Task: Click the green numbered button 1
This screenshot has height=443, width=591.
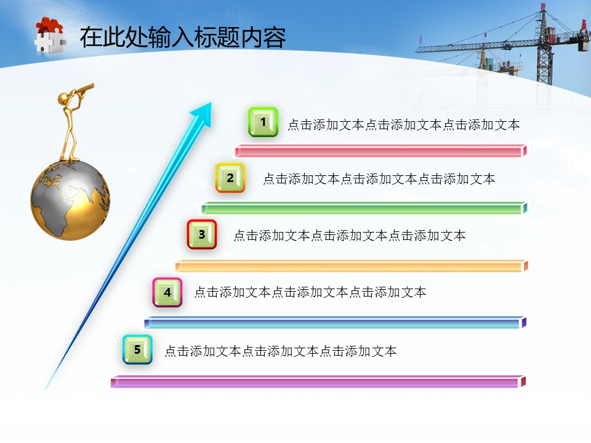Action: (x=263, y=122)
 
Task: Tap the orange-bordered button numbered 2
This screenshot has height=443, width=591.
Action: (x=230, y=178)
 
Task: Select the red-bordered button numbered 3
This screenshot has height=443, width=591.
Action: (x=202, y=234)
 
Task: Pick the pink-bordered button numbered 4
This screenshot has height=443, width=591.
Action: (x=167, y=292)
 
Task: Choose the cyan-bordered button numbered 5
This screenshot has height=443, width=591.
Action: (x=137, y=349)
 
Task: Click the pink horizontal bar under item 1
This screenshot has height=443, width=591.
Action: (x=380, y=151)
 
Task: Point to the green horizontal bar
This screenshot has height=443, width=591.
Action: (x=364, y=208)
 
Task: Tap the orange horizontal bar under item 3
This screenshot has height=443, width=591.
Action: (x=352, y=266)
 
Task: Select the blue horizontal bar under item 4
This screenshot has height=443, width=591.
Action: (x=336, y=322)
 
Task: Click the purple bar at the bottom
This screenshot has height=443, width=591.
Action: (x=318, y=381)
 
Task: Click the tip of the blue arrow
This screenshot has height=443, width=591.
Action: (x=211, y=102)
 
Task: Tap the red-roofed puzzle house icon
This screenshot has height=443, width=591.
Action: (x=50, y=36)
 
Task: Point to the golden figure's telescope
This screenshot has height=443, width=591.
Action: (x=84, y=89)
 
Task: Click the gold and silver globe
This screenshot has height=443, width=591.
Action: (x=70, y=200)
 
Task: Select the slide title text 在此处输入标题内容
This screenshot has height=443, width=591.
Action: (x=183, y=38)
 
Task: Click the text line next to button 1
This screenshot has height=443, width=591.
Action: (x=404, y=125)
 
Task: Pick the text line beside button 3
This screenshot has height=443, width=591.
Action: (x=350, y=236)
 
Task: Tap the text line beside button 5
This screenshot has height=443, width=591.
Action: (x=281, y=351)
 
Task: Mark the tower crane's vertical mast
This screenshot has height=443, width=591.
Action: (x=544, y=47)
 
